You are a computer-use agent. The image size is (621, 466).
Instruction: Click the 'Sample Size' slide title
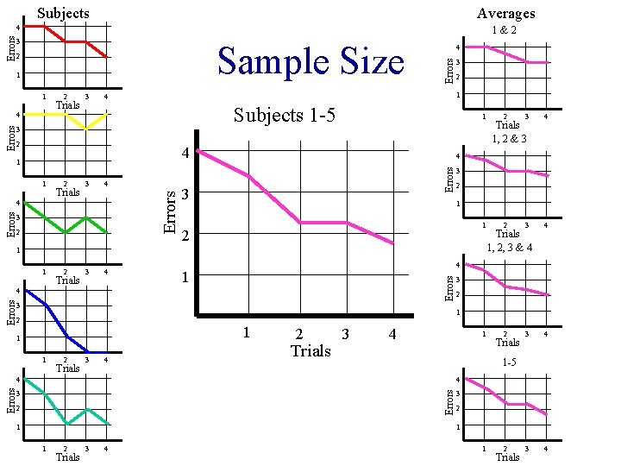click(310, 62)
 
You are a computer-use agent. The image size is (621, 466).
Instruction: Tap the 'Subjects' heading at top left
click(63, 13)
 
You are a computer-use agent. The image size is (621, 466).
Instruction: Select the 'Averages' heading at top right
click(505, 13)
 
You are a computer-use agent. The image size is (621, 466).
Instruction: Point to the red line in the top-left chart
click(76, 41)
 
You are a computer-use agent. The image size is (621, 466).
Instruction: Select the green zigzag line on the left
click(76, 224)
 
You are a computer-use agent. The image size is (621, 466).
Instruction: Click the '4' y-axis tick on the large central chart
click(184, 154)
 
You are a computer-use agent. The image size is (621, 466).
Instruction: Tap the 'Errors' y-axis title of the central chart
click(172, 211)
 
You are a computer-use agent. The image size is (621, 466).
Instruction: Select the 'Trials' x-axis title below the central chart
click(310, 350)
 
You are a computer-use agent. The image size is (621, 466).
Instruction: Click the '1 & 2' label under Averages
click(505, 30)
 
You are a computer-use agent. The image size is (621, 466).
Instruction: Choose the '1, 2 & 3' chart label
click(510, 139)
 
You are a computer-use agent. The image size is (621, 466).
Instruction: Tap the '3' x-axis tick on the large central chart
click(346, 333)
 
